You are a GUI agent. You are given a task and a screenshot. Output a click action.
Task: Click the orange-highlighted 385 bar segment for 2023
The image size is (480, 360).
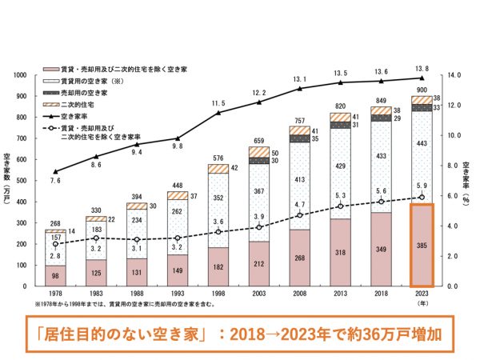[x=422, y=245]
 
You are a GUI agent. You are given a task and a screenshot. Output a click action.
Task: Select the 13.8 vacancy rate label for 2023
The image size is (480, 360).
[x=422, y=70]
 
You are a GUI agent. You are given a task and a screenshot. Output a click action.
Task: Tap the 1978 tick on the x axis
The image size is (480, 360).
[x=54, y=294]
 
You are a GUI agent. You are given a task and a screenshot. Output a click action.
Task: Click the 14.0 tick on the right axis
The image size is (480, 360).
[x=454, y=75]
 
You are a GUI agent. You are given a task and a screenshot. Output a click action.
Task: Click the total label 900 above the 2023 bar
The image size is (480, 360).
[x=422, y=90]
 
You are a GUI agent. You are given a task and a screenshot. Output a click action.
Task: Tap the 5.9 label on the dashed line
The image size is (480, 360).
[x=422, y=187]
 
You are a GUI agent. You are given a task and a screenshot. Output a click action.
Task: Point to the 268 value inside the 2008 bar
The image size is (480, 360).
[x=299, y=258]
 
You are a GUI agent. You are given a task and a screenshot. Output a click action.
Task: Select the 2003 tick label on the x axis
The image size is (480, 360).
[x=258, y=294]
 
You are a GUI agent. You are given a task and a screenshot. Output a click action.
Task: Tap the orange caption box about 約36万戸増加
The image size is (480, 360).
[x=239, y=330]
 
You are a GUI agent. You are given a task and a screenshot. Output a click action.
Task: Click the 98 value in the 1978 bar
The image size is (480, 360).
[x=54, y=276]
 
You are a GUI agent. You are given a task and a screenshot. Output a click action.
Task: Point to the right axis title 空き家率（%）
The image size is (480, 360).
[x=466, y=181]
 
